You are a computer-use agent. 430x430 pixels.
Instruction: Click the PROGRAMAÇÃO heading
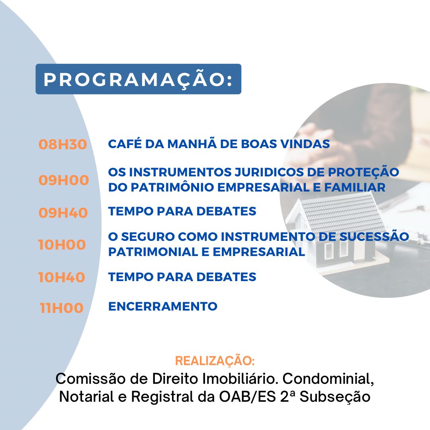[138, 79]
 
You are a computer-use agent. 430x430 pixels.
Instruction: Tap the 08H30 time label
[63, 144]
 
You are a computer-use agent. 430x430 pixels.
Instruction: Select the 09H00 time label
[64, 180]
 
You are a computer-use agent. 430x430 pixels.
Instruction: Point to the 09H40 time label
[63, 213]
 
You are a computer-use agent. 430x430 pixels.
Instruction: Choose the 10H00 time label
[62, 244]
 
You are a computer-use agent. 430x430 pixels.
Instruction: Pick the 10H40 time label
[62, 277]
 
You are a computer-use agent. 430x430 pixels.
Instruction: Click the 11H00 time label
[61, 308]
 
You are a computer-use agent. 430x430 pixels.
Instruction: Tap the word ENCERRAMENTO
[163, 306]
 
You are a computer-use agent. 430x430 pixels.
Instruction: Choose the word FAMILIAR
[355, 187]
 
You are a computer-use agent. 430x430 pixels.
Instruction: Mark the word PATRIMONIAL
[153, 252]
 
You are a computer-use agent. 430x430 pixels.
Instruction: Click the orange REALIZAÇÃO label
[215, 361]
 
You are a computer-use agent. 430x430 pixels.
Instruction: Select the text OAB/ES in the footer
[247, 397]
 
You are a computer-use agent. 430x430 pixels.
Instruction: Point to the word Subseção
[335, 397]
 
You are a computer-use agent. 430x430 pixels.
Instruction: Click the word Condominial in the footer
[328, 379]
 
